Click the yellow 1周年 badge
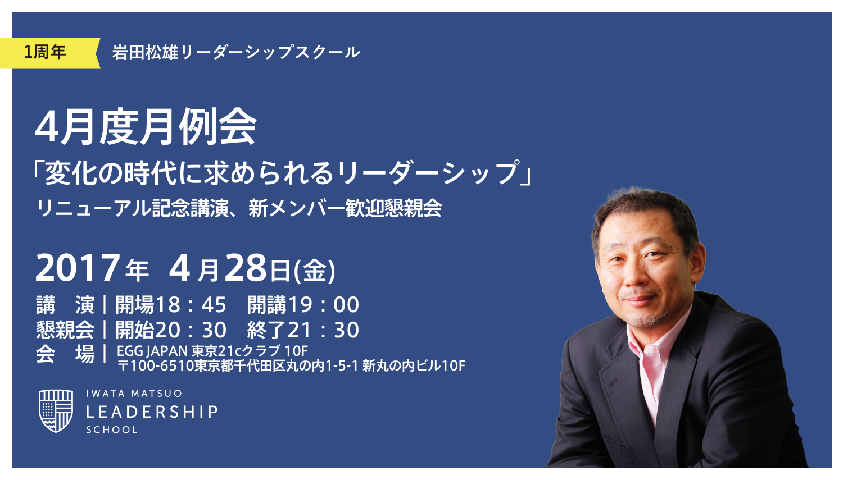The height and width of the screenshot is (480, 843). coord(48,53)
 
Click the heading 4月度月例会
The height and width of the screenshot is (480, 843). coord(146,127)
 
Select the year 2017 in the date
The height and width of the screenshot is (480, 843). coord(78,268)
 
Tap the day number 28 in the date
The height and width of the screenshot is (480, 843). coord(246,268)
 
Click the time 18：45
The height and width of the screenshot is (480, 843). coord(191,305)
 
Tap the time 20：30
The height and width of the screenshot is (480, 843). coord(191,330)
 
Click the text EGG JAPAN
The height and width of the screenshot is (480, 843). coord(152,351)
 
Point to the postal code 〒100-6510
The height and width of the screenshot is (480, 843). coord(155,366)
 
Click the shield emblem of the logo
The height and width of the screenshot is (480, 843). coord(56,411)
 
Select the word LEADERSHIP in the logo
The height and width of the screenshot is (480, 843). coord(152,412)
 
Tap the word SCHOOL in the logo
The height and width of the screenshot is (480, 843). coord(112,430)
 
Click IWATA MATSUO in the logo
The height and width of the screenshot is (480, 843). coord(134,394)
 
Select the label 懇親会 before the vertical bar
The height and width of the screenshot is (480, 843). coord(65,330)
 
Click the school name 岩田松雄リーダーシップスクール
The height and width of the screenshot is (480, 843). coord(236,53)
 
